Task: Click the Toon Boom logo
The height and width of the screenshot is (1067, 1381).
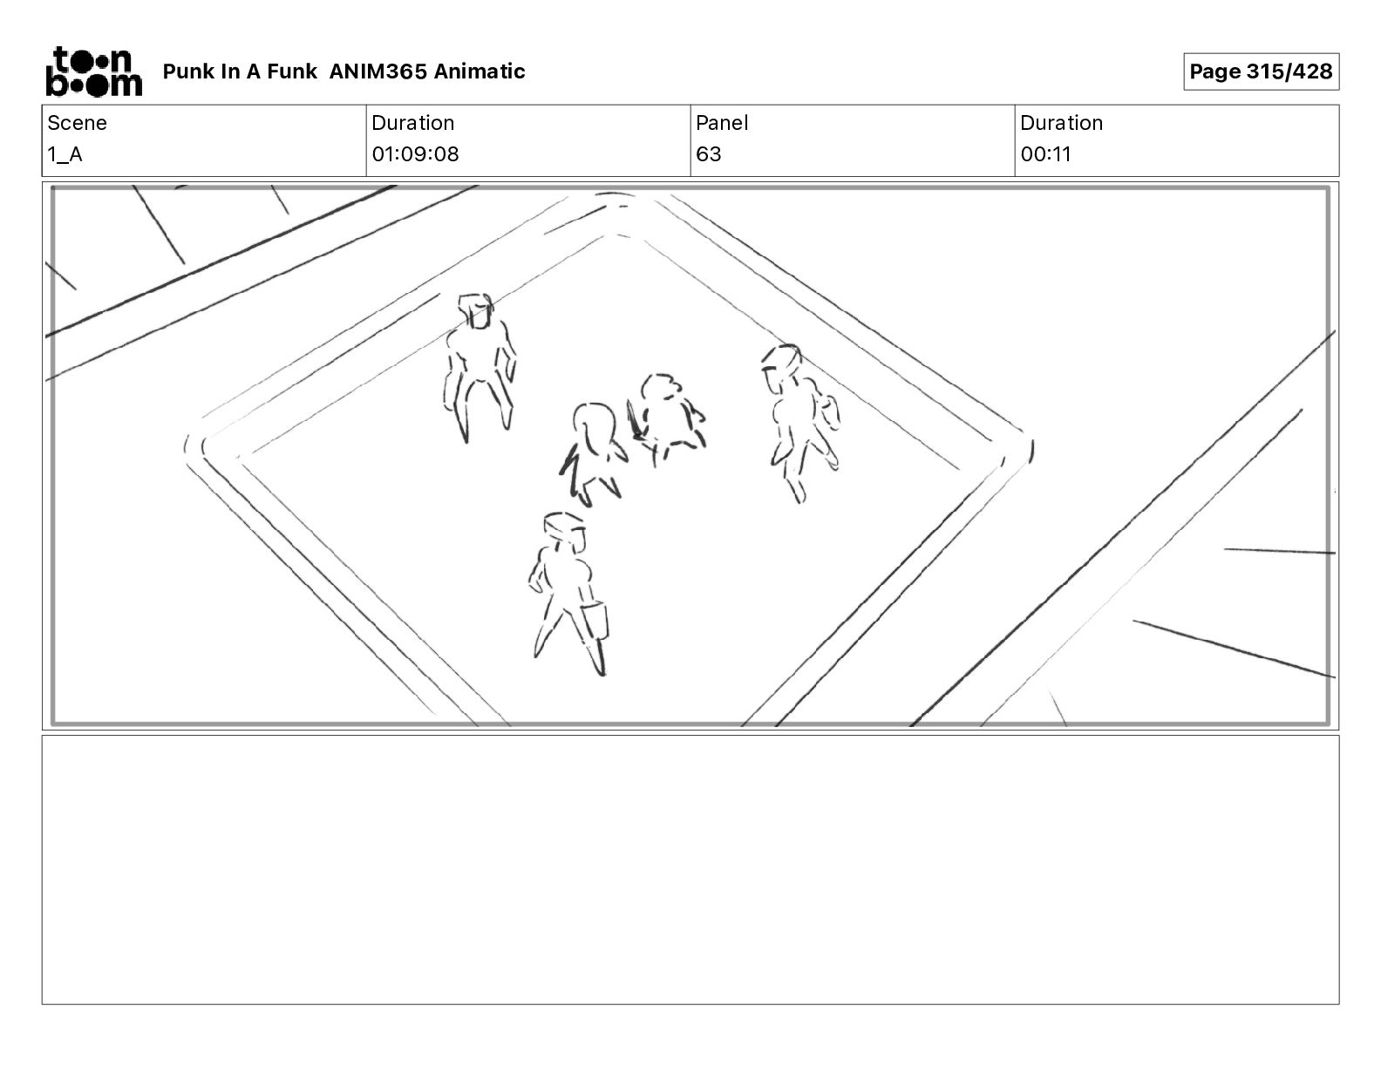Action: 94,71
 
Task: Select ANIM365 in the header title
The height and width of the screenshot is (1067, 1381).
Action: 378,71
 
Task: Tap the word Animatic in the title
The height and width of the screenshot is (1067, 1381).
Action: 480,71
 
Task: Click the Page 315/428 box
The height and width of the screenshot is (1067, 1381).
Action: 1261,71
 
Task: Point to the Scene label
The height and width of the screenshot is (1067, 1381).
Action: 77,123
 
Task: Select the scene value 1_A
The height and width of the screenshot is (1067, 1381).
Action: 65,154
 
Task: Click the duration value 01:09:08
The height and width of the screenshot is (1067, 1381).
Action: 415,153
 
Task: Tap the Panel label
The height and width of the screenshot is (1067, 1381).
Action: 721,123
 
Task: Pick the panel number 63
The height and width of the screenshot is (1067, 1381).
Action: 709,153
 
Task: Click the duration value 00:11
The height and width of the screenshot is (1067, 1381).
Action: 1045,153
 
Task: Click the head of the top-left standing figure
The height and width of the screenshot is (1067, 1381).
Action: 476,310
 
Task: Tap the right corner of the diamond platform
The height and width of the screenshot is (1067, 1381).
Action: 1031,448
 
